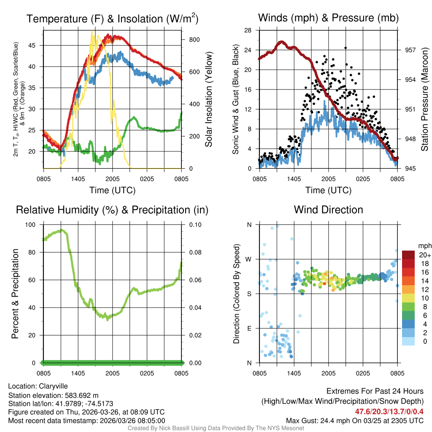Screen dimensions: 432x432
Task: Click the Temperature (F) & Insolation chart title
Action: coord(112,19)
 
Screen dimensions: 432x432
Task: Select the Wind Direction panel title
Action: coord(328,210)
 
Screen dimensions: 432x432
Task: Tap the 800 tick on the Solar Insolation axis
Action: coord(194,39)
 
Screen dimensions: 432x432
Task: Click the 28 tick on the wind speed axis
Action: coord(248,30)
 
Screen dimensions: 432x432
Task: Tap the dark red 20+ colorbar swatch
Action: coord(409,255)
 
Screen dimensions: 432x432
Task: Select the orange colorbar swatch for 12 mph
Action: coord(409,289)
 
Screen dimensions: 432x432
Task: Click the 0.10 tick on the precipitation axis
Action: coord(195,224)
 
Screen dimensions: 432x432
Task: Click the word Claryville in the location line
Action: coord(53,386)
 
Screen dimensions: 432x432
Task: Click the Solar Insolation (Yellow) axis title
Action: coord(208,100)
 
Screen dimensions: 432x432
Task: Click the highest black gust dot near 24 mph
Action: coord(345,48)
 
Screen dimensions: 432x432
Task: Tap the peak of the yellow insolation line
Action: coord(92,32)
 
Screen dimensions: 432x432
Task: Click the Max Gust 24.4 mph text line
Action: coord(354,420)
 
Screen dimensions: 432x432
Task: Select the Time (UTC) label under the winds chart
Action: coord(328,190)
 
